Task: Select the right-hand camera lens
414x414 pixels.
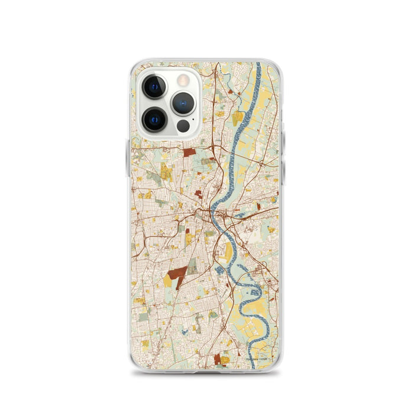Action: pyautogui.click(x=183, y=103)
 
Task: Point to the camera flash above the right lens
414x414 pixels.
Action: pyautogui.click(x=183, y=78)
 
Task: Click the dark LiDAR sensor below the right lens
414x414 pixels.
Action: pyautogui.click(x=183, y=126)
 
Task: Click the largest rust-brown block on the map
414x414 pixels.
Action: pyautogui.click(x=177, y=274)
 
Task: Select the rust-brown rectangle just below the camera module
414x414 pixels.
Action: pyautogui.click(x=189, y=152)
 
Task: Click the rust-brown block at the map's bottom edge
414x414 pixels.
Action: pyautogui.click(x=217, y=358)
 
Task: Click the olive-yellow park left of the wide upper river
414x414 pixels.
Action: pyautogui.click(x=237, y=117)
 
